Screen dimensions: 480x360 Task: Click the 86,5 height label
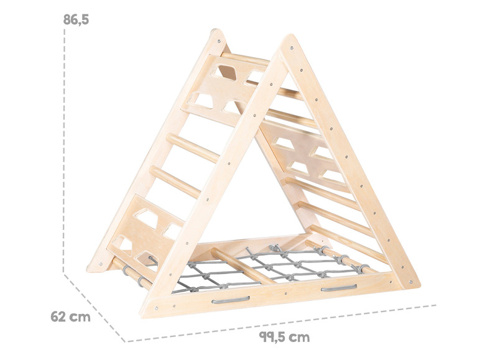(76, 20)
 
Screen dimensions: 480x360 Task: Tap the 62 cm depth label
(70, 316)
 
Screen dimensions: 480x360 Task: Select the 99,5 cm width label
(284, 337)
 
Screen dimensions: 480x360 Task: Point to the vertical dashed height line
(64, 150)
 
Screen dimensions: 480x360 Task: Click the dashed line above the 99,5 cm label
(281, 323)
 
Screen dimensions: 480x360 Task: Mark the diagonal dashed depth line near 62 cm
(95, 307)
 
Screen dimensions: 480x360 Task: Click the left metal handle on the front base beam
(231, 300)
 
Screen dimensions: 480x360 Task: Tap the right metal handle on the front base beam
(339, 288)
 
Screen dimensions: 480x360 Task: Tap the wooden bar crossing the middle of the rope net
(242, 266)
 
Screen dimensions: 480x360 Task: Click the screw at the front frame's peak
(292, 48)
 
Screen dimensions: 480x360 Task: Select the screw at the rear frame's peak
(218, 40)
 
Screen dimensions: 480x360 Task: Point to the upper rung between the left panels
(193, 148)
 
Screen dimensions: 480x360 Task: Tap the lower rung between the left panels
(176, 182)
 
